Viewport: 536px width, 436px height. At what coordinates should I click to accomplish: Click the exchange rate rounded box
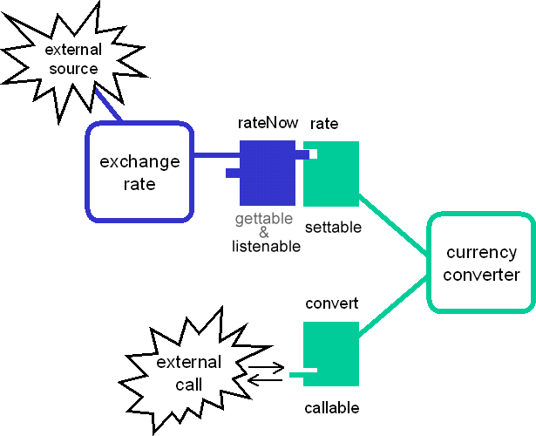point(139,172)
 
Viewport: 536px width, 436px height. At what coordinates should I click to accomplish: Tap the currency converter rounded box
point(482,263)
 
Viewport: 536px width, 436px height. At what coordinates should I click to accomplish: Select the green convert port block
point(332,352)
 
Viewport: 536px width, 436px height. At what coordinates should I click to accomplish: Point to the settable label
point(333,228)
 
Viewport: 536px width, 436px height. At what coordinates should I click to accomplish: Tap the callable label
point(332,408)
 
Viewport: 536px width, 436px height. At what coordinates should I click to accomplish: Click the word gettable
point(264,218)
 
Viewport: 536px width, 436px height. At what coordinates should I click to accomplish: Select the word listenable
point(266,247)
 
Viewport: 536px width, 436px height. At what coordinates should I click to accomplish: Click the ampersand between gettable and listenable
point(265,232)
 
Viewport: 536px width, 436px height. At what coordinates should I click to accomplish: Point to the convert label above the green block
point(332,304)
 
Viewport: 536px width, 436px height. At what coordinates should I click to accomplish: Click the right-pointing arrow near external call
point(266,367)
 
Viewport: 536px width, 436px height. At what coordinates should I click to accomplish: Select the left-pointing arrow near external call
point(266,379)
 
